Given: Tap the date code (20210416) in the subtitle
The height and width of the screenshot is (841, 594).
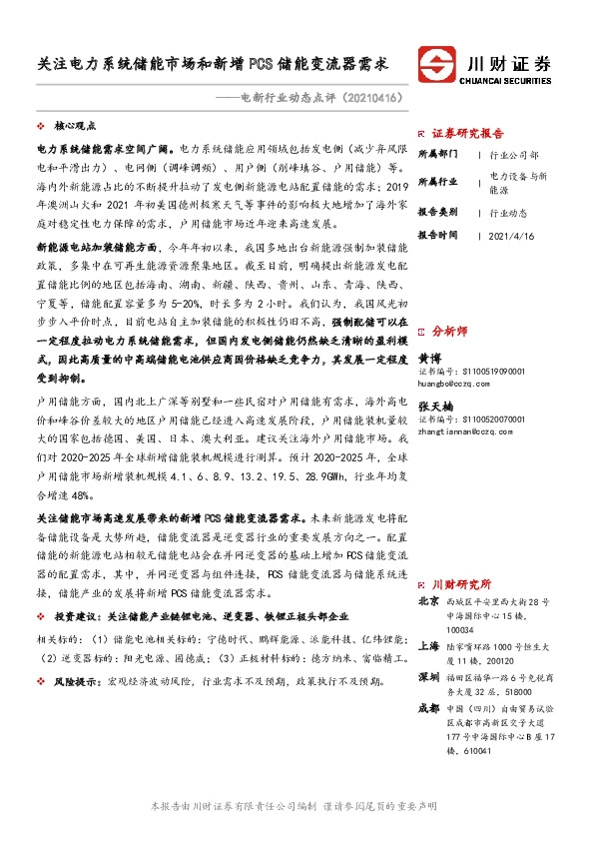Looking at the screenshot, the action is (x=370, y=99).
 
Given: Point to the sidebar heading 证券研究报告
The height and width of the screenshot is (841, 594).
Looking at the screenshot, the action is (x=468, y=132).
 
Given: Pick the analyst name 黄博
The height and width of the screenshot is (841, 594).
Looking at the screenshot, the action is (x=428, y=384).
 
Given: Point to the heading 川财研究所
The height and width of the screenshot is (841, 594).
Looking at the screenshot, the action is (x=460, y=583).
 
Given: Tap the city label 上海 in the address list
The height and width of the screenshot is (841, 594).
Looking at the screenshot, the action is (x=428, y=645).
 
